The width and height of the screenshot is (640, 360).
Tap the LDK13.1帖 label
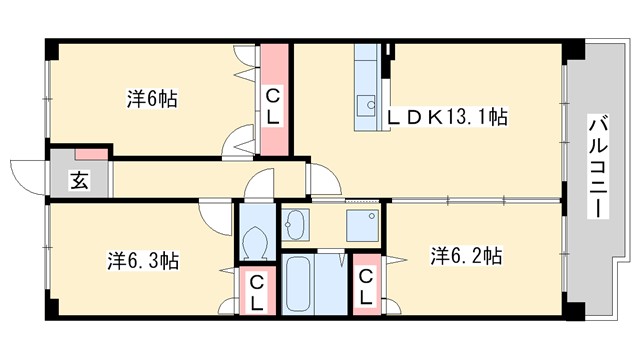(x=447, y=117)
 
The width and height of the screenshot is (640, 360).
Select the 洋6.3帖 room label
(x=144, y=260)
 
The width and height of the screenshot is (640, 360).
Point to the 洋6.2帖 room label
(x=466, y=256)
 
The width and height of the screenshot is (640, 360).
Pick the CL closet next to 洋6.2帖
(x=367, y=286)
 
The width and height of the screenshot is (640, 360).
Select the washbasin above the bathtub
(x=296, y=224)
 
